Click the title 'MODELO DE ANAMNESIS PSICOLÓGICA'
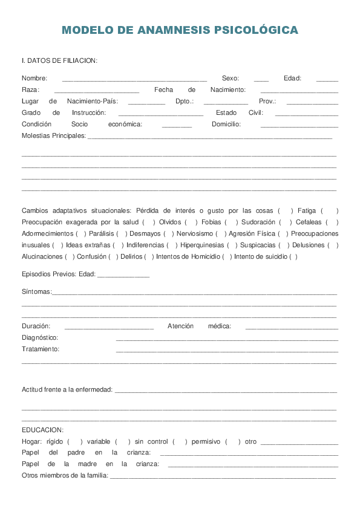coord(180,30)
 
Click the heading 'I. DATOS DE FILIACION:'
coord(59,60)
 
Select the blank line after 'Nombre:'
coord(134,79)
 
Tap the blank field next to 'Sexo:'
coord(261,79)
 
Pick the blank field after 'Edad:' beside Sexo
coord(327,79)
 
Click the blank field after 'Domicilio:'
coord(299,125)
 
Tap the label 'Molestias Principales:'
coord(54,136)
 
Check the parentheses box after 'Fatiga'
coord(329,211)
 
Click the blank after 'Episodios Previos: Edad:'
coord(123,275)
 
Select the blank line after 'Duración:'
coord(109,327)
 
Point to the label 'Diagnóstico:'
coord(40,338)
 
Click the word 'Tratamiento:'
coord(41,349)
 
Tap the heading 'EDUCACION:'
coord(42,430)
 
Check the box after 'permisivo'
coord(233,442)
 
